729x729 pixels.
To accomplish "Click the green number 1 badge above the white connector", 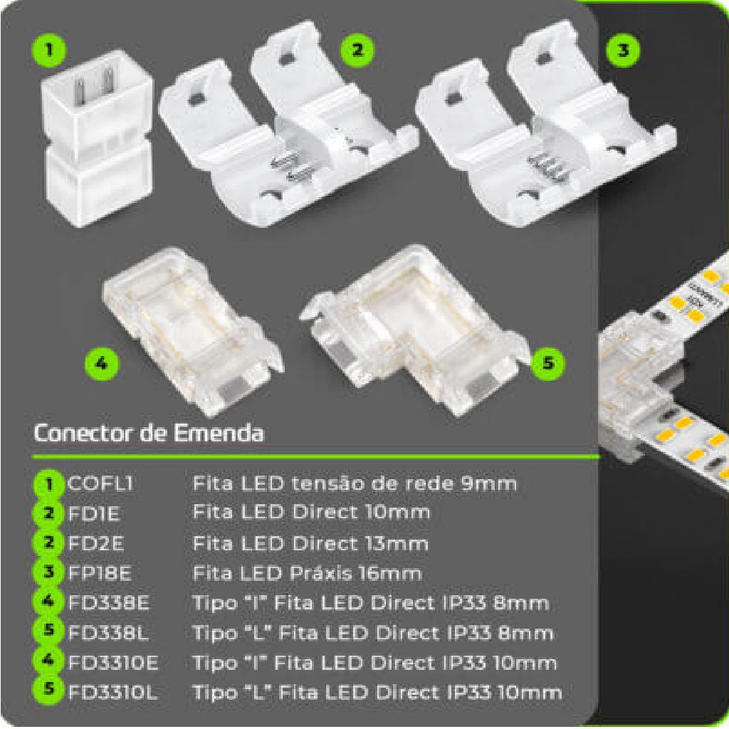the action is pos(49,49).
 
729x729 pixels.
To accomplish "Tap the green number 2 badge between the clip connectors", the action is pos(357,49).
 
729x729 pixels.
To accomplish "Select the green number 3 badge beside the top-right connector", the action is pos(623,50).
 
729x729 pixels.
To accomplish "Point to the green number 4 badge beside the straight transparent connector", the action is pos(101,362).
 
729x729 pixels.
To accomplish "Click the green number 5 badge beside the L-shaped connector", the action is pos(549,362).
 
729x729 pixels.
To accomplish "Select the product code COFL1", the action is pos(100,483).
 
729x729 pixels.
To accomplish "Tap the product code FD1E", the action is pos(94,514).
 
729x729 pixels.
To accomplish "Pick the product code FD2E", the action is pos(96,543).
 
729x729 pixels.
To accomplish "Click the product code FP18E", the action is pos(100,573).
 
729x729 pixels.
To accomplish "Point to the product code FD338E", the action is pos(109,603).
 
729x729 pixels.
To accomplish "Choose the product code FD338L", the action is pos(108,633).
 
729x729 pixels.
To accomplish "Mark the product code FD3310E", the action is pos(113,663).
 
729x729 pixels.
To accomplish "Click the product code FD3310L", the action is pos(112,693).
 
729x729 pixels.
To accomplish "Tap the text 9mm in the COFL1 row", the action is pos(489,483).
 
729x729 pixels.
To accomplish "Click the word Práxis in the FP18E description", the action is pos(322,573).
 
